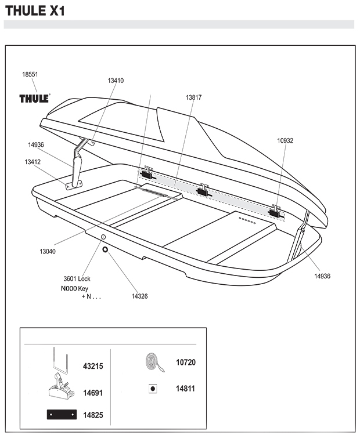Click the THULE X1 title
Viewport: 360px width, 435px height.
coord(35,11)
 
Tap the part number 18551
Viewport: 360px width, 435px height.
coord(30,74)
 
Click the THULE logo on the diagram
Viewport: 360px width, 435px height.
coord(35,98)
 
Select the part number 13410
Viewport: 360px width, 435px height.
coord(116,81)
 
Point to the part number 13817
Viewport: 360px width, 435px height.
coord(193,97)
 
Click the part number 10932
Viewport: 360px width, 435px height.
coord(285,141)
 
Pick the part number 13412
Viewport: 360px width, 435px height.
coord(33,162)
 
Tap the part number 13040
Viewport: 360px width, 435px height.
coord(48,251)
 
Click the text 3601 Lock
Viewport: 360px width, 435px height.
coord(77,278)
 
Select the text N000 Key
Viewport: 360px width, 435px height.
coord(74,288)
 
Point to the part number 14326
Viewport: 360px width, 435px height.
coord(139,296)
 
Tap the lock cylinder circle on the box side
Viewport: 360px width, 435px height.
coord(103,237)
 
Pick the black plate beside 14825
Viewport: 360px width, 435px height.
coord(62,415)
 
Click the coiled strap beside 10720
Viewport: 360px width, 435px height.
coord(154,362)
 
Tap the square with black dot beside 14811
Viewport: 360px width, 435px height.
coord(153,389)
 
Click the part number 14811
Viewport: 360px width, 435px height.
coord(185,389)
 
